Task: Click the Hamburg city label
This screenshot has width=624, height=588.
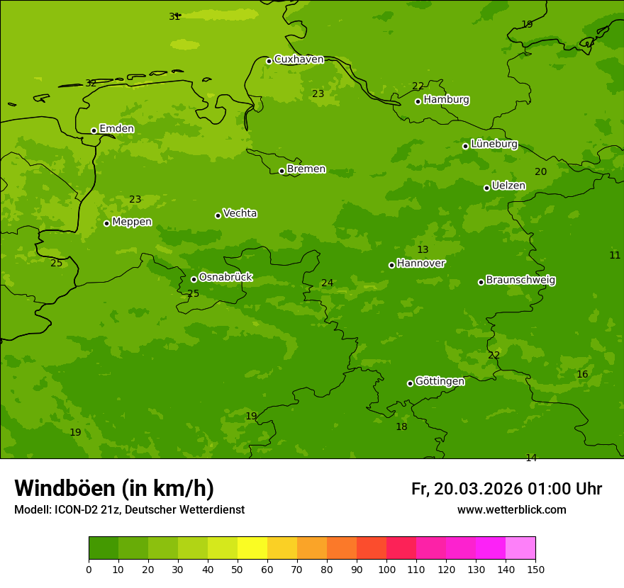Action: pyautogui.click(x=446, y=100)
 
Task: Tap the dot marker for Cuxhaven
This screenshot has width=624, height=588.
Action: pyautogui.click(x=269, y=61)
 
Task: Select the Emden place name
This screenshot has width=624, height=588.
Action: pyautogui.click(x=116, y=129)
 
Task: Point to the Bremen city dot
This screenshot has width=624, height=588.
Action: pyautogui.click(x=282, y=171)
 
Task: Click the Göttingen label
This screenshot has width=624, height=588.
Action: pyautogui.click(x=440, y=381)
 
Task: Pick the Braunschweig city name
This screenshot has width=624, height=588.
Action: pyautogui.click(x=520, y=281)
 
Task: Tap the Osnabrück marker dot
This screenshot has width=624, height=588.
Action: pyautogui.click(x=194, y=279)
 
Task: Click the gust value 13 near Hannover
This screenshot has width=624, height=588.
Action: pyautogui.click(x=423, y=250)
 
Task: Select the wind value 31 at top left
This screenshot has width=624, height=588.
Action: pyautogui.click(x=174, y=16)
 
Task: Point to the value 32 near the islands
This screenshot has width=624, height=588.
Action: pyautogui.click(x=91, y=84)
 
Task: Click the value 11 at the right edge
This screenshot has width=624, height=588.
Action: pyautogui.click(x=615, y=256)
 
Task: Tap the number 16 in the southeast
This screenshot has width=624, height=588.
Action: pyautogui.click(x=582, y=375)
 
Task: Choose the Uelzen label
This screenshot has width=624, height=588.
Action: pyautogui.click(x=508, y=186)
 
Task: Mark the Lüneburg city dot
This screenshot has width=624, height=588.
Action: pyautogui.click(x=465, y=146)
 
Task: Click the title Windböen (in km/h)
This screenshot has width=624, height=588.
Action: pyautogui.click(x=114, y=488)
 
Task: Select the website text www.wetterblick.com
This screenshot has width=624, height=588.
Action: pyautogui.click(x=511, y=510)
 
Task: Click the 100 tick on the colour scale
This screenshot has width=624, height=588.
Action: pyautogui.click(x=386, y=569)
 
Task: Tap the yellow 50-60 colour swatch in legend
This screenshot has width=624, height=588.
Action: pyautogui.click(x=252, y=548)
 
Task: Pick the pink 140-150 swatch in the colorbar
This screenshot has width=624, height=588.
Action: pyautogui.click(x=520, y=548)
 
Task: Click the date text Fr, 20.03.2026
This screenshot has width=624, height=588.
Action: pyautogui.click(x=467, y=489)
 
